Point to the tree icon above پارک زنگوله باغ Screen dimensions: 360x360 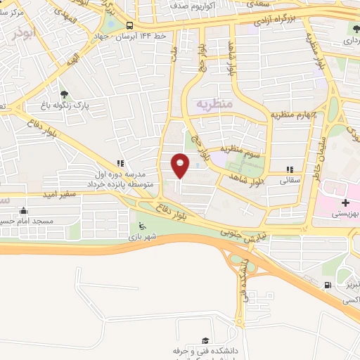click(65, 94)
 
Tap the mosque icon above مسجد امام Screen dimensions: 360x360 click(23, 210)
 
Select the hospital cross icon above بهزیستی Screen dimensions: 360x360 click(345, 202)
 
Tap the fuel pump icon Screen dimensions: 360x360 click(327, 285)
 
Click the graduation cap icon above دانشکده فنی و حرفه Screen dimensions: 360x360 click(205, 340)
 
